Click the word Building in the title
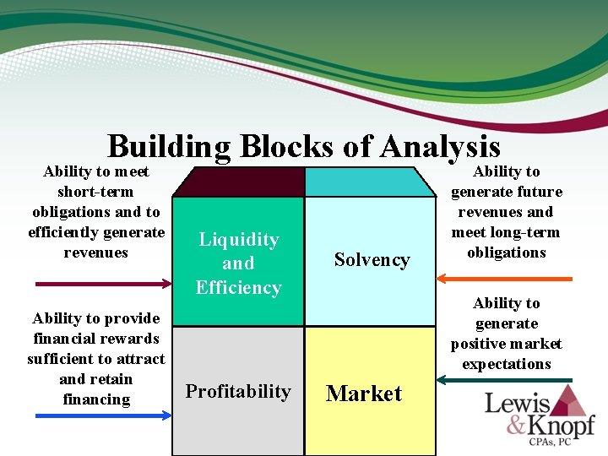(169, 147)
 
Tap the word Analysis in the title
(440, 147)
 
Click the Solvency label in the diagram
(372, 260)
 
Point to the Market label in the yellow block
(364, 394)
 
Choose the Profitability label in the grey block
(238, 392)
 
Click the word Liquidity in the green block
(238, 240)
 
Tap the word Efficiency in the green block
(238, 287)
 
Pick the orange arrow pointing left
(506, 278)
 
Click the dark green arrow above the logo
(506, 381)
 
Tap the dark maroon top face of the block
(238, 182)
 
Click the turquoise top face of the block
(368, 182)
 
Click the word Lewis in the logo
(517, 404)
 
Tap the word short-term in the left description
(95, 192)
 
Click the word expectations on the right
(506, 365)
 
